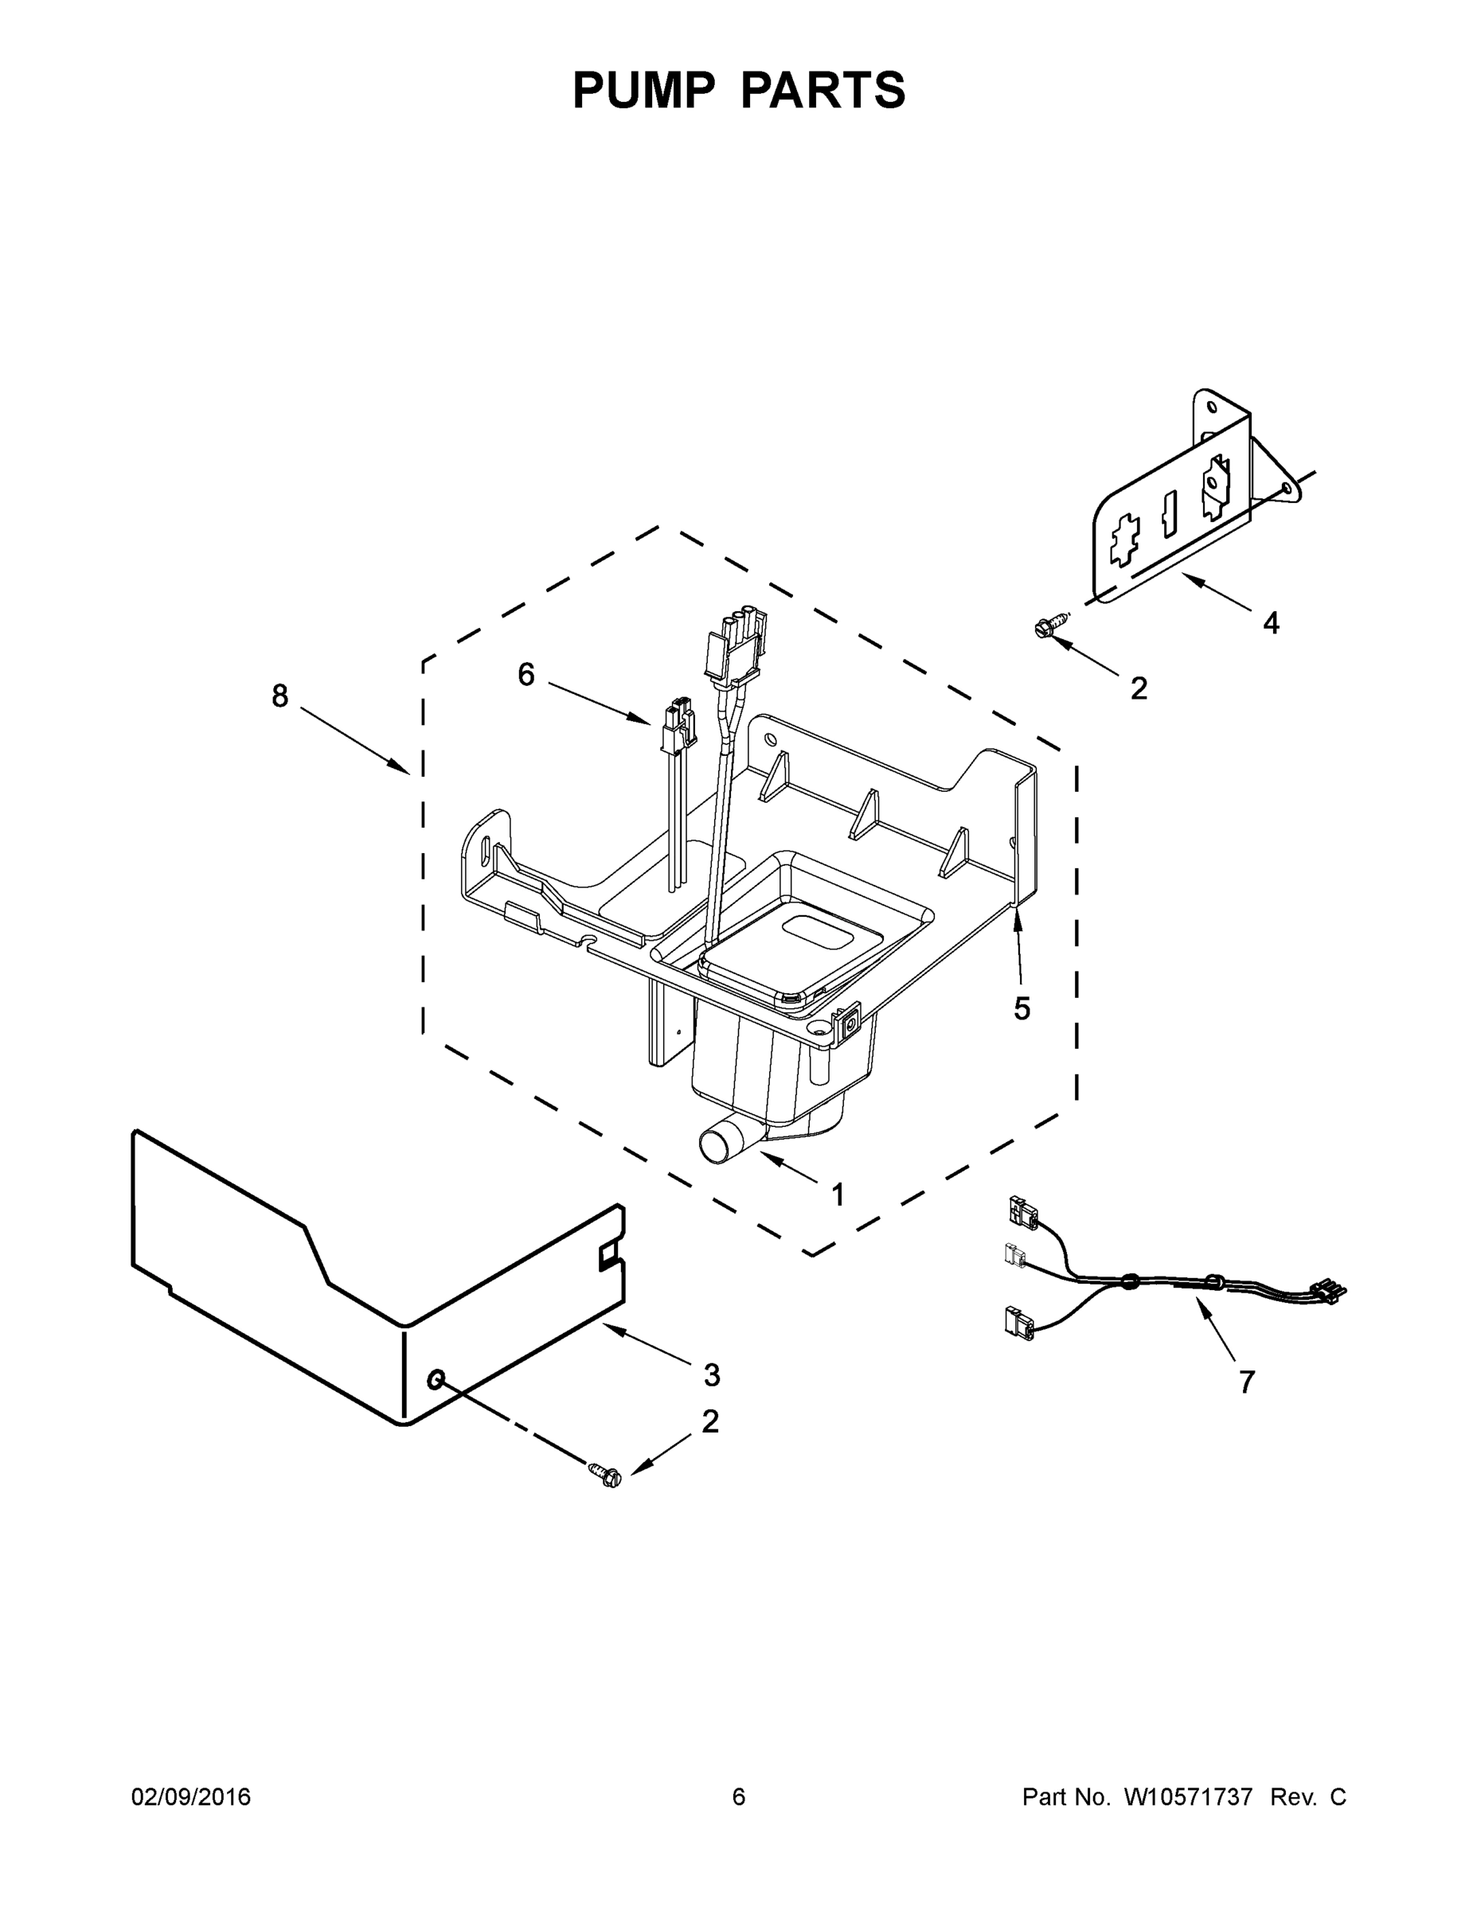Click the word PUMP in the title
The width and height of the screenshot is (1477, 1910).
[x=643, y=90]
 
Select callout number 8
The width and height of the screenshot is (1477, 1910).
[x=279, y=696]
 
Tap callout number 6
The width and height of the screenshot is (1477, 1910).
[x=526, y=674]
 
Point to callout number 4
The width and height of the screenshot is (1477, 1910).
[x=1271, y=624]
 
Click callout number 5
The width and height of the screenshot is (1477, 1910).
[x=1022, y=1008]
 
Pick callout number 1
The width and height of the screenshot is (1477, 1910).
[x=838, y=1194]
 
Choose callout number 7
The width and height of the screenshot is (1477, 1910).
[x=1247, y=1382]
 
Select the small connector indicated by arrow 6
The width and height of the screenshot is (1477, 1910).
[x=678, y=727]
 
